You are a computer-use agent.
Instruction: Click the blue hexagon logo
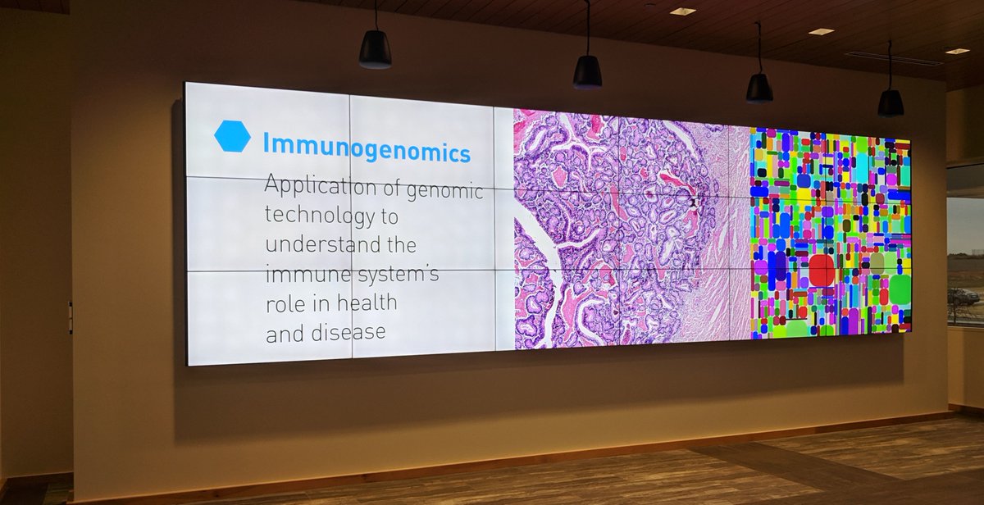click(232, 136)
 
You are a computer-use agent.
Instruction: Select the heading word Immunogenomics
click(367, 148)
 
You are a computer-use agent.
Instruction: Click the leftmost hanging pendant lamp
click(375, 49)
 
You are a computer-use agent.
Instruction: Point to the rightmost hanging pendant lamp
click(891, 102)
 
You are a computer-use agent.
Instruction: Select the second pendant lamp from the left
click(587, 71)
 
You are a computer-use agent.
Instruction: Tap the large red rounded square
click(822, 271)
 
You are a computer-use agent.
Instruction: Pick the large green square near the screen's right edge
click(900, 289)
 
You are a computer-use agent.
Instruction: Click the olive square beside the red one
click(877, 262)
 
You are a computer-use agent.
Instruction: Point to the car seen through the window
click(963, 296)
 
